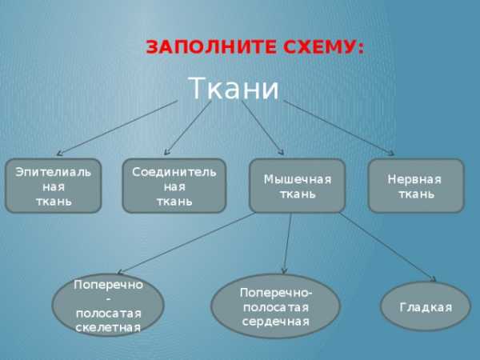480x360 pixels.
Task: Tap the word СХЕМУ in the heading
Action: (x=323, y=47)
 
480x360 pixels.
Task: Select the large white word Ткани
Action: (x=234, y=88)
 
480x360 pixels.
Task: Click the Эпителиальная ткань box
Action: (x=54, y=186)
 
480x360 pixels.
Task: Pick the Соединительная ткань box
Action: (x=174, y=186)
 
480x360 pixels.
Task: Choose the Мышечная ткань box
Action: (x=298, y=186)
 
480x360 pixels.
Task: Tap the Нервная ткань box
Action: (x=416, y=186)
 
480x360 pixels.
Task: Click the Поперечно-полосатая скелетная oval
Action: (x=108, y=306)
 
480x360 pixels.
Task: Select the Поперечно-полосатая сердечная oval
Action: (x=275, y=306)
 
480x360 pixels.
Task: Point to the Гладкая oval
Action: (x=426, y=306)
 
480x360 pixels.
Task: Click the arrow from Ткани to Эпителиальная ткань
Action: (x=118, y=128)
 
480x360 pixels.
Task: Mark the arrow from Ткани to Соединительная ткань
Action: (x=188, y=128)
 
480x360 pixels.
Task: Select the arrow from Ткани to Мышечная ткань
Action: (x=262, y=127)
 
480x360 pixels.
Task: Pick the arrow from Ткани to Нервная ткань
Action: (x=339, y=128)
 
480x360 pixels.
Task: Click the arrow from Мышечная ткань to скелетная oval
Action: (x=186, y=243)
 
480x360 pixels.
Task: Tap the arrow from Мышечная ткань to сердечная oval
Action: (x=287, y=243)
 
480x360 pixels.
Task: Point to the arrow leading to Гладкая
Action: (x=387, y=247)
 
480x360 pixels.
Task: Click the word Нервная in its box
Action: (x=414, y=179)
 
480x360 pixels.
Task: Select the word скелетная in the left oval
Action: (x=108, y=327)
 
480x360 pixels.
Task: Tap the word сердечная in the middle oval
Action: (x=275, y=322)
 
